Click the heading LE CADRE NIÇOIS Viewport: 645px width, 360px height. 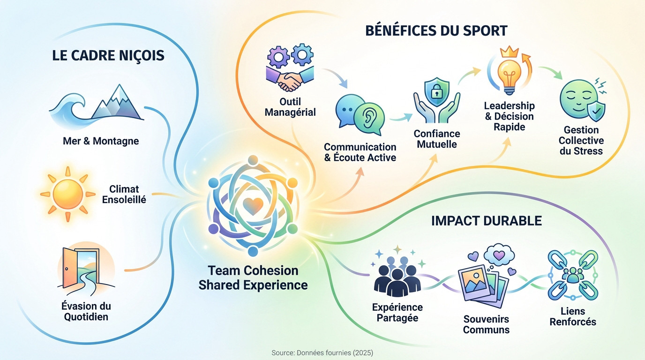click(108, 55)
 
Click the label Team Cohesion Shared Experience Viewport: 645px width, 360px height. click(253, 277)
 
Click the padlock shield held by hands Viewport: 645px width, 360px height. click(436, 94)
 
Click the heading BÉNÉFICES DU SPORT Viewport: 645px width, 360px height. click(436, 31)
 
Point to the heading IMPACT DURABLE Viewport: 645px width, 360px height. click(486, 220)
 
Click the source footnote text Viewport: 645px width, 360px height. click(322, 352)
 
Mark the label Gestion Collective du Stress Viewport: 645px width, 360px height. click(581, 140)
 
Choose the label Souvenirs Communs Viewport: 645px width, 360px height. click(486, 324)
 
